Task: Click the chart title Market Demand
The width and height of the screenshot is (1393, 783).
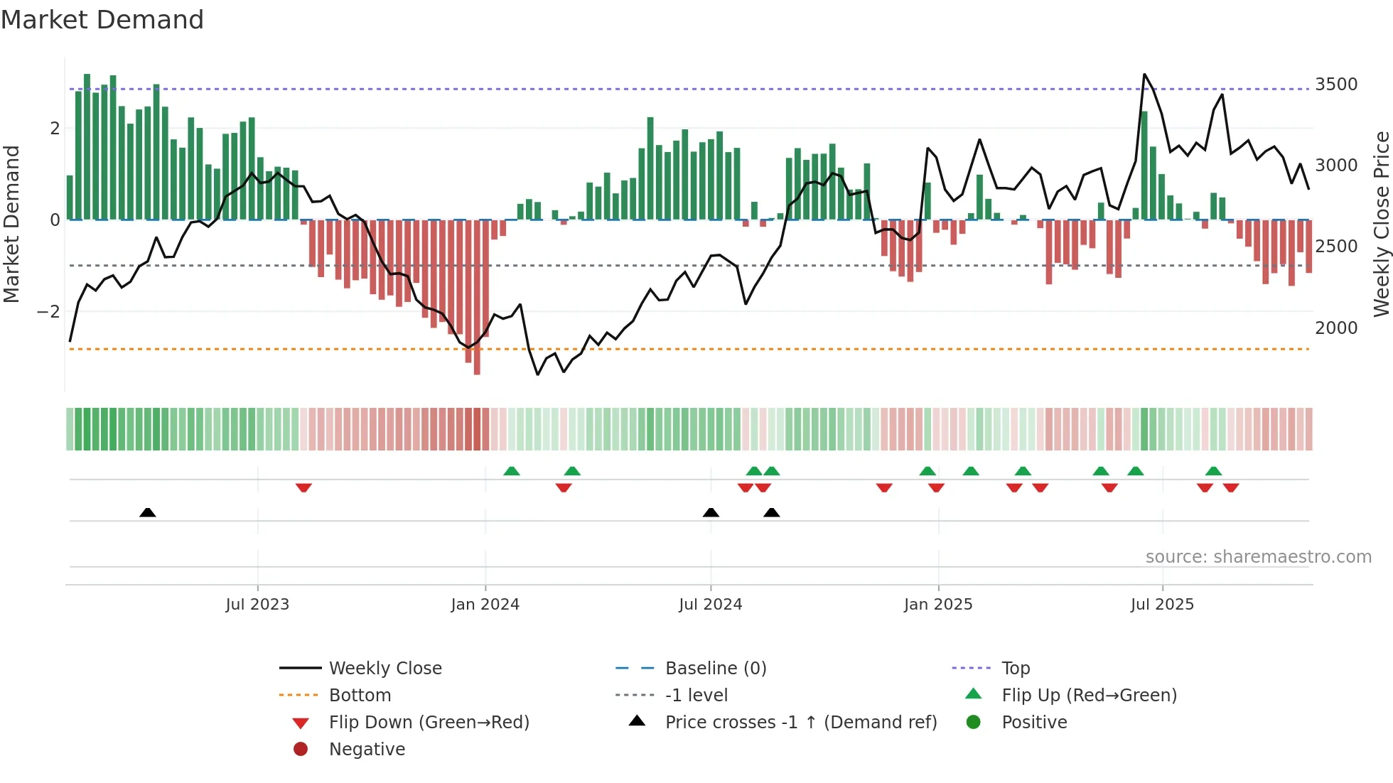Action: pos(102,20)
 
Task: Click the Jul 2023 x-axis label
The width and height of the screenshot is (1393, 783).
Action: pos(257,605)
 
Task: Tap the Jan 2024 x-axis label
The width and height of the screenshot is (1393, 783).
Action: pos(485,605)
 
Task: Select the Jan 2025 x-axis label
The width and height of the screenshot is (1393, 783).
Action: pos(938,605)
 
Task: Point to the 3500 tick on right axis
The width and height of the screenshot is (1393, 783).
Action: pos(1336,85)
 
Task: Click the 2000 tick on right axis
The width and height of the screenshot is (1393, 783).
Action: pos(1336,328)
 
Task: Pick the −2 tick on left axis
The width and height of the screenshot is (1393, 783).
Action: pos(48,312)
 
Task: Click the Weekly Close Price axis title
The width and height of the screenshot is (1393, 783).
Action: pos(1381,224)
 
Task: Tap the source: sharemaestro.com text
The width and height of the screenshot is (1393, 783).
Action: pos(1258,557)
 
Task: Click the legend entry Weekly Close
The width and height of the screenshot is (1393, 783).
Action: pos(384,669)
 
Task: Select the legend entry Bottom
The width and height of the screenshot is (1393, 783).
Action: pos(360,696)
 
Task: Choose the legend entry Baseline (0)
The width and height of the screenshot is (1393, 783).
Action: pos(715,669)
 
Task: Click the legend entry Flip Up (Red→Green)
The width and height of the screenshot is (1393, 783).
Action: pos(1089,696)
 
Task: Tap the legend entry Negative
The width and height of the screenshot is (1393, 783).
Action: pos(367,750)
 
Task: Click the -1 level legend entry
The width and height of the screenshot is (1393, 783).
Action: pos(696,696)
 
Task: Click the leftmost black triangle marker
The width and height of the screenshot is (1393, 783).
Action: pos(148,512)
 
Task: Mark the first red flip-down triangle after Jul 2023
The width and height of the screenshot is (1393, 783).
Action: pos(303,487)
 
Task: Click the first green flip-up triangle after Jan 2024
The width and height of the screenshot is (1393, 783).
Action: pos(512,471)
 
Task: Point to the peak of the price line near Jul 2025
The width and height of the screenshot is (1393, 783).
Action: pos(1144,75)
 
